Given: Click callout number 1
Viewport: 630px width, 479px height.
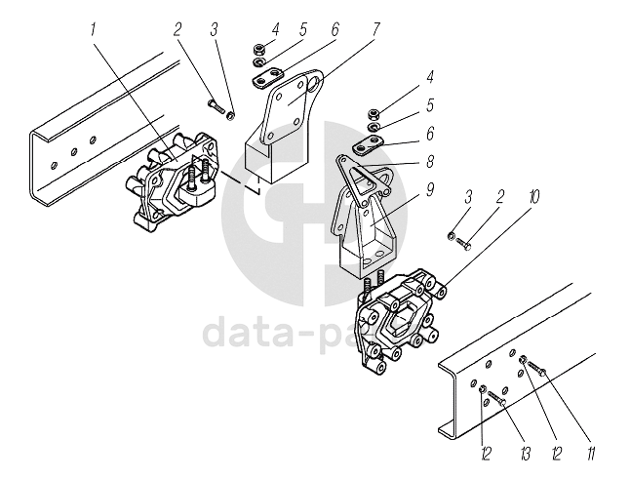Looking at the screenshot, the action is coord(95,29).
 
